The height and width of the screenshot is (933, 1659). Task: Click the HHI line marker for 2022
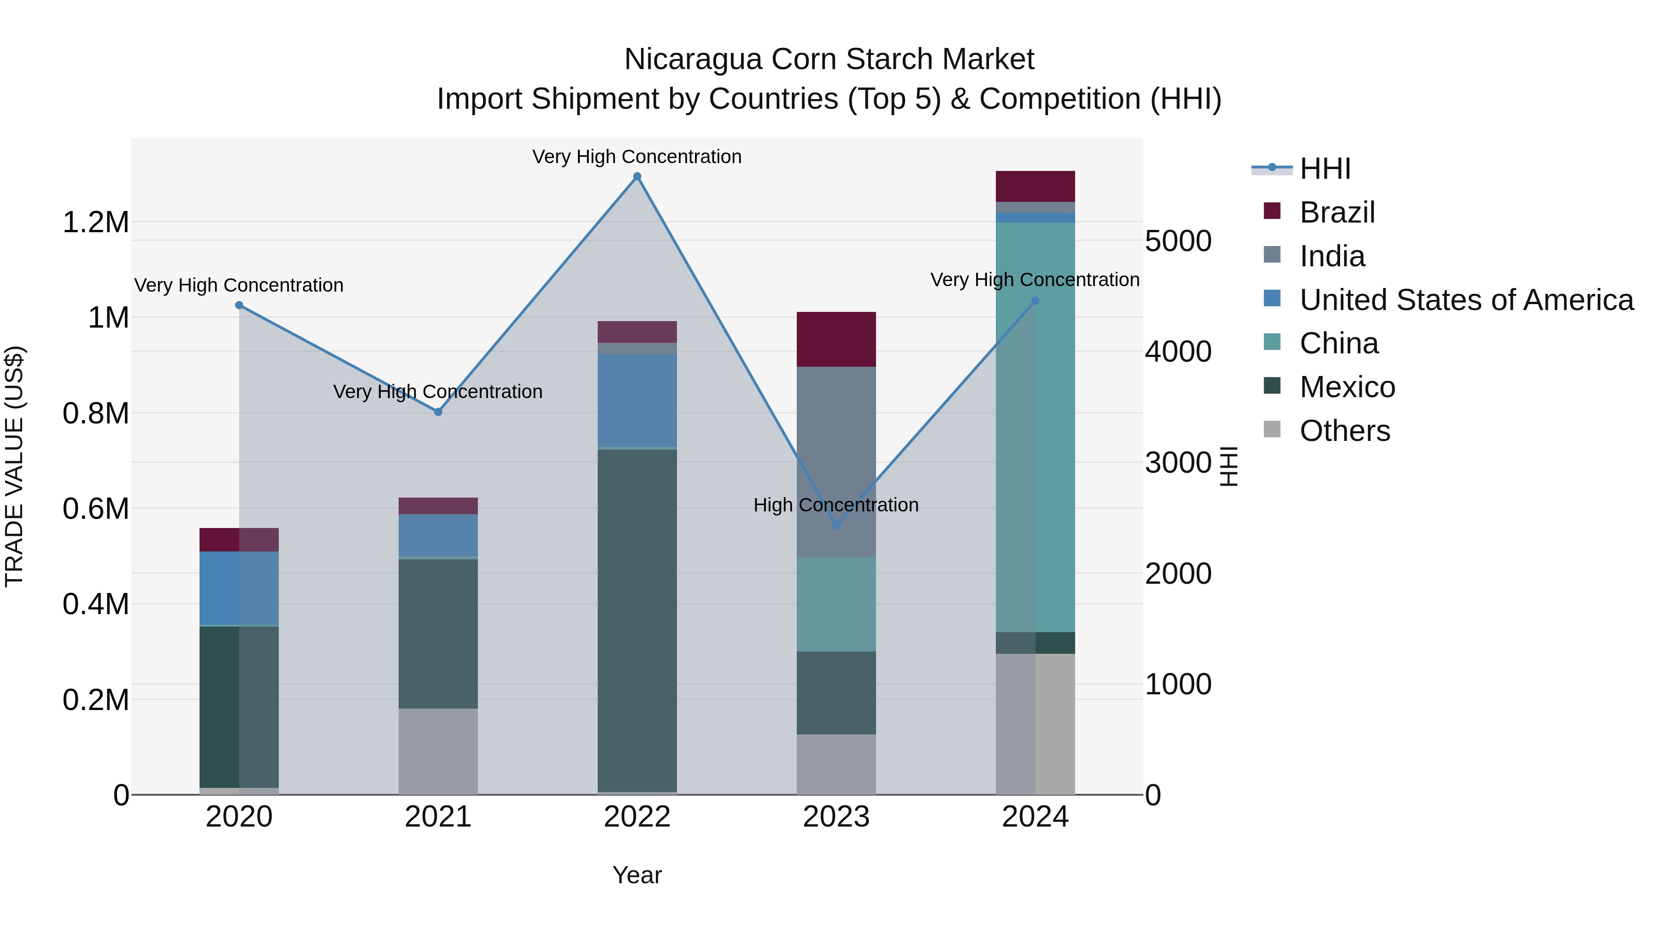point(637,176)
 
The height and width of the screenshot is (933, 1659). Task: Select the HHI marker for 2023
point(836,525)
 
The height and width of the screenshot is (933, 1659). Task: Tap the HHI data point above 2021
point(438,412)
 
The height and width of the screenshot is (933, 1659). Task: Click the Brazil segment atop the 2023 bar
point(836,339)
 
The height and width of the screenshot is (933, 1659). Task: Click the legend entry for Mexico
point(1347,387)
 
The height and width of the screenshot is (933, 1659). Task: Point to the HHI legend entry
point(1324,169)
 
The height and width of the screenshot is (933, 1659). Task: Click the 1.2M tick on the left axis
point(95,223)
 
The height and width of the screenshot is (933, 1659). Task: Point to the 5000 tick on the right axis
point(1178,241)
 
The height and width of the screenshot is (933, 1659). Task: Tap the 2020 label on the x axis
point(239,817)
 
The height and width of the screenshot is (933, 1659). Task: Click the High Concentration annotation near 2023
point(836,505)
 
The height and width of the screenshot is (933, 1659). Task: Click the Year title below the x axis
point(637,875)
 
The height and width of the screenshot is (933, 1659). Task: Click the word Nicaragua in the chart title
point(692,59)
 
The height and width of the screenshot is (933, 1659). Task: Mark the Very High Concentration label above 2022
point(637,157)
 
